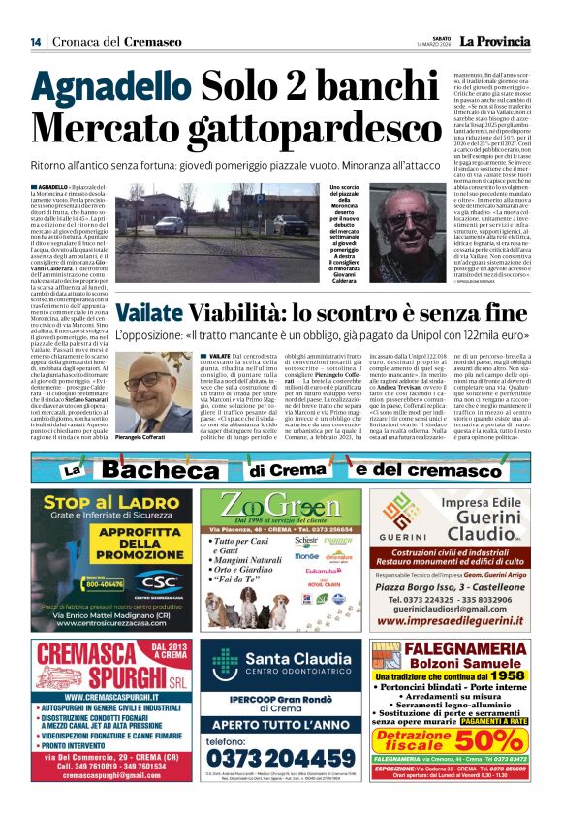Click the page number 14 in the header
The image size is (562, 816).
pos(35,41)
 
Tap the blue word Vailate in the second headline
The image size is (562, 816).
pos(147,313)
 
